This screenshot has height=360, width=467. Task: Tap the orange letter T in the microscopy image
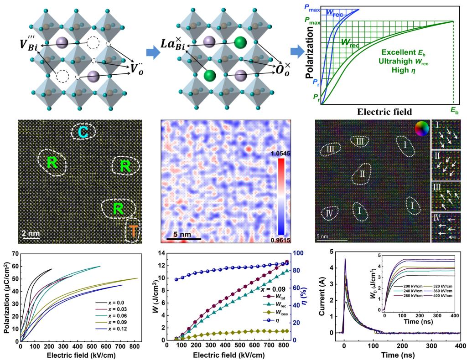(x=133, y=231)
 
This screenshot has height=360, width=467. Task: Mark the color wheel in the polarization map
(x=421, y=129)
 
